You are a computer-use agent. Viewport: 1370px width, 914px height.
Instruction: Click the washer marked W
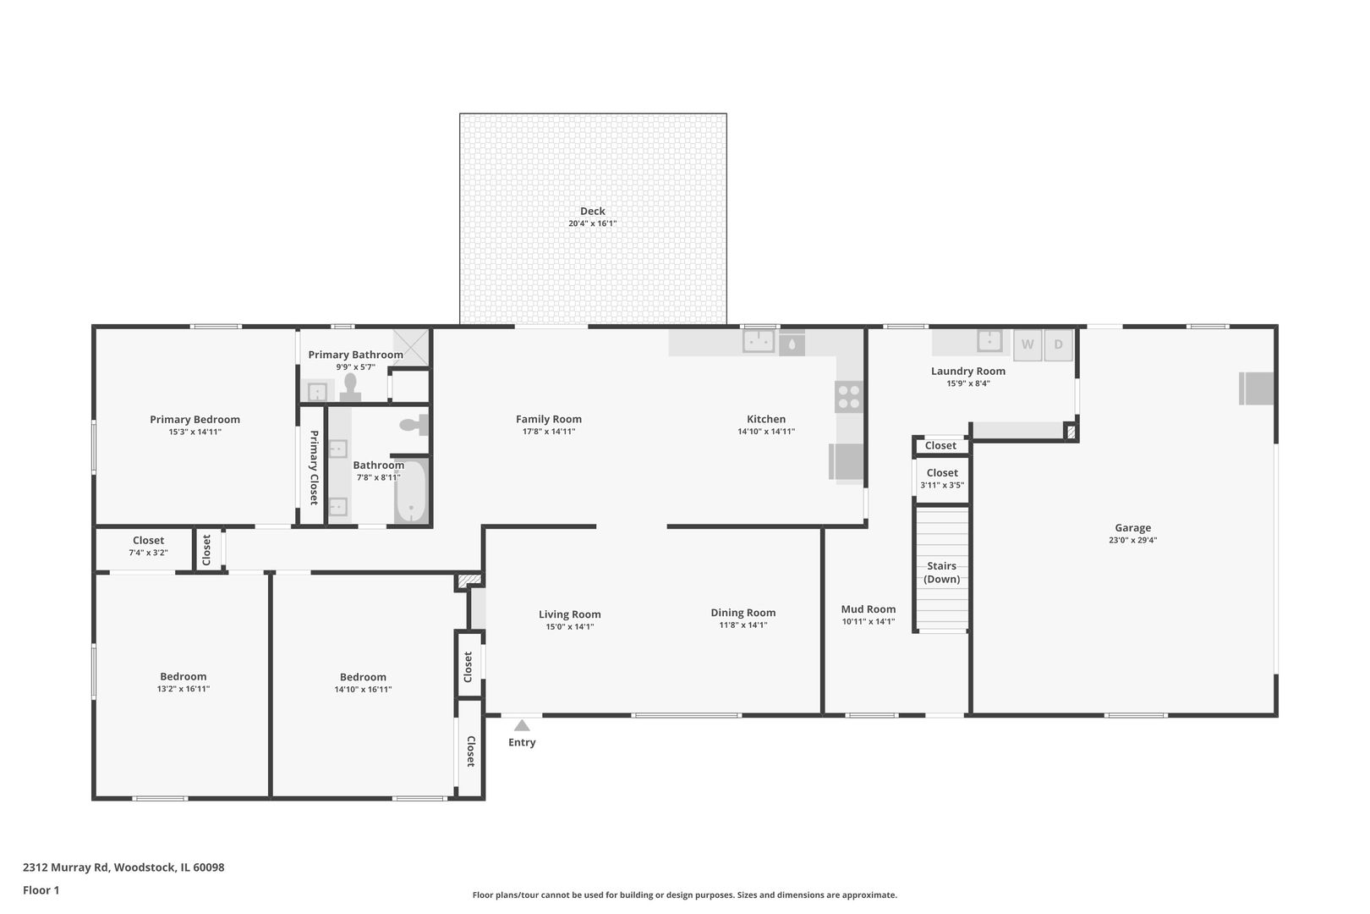[x=1027, y=344]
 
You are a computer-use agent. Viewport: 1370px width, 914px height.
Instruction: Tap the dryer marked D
[x=1058, y=344]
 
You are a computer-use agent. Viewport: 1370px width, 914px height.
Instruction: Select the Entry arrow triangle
[x=522, y=725]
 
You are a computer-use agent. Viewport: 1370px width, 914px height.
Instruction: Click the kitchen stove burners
[x=849, y=397]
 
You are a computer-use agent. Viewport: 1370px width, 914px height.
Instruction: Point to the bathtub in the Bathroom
[x=411, y=492]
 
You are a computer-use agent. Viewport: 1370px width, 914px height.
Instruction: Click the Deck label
[x=593, y=211]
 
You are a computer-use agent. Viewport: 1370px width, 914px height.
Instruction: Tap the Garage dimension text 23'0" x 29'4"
[x=1132, y=540]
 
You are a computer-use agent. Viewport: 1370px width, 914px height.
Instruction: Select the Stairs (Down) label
[x=942, y=572]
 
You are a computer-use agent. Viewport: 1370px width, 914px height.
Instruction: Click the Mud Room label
[x=869, y=608]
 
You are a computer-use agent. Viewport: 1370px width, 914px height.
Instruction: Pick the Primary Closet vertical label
[x=314, y=467]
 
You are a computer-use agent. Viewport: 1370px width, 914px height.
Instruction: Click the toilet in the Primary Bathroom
[x=350, y=388]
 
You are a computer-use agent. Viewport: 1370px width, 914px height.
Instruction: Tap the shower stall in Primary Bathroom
[x=410, y=347]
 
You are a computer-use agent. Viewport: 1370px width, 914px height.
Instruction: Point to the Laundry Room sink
[x=989, y=341]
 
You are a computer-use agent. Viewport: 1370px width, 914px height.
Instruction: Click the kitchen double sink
[x=759, y=341]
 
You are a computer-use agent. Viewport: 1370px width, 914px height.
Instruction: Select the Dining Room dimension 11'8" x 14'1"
[x=743, y=625]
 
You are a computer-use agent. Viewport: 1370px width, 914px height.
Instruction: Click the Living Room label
[x=570, y=614]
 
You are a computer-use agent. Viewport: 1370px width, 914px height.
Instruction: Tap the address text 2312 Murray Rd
[x=66, y=867]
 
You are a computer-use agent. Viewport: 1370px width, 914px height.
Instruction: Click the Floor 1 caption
[x=41, y=890]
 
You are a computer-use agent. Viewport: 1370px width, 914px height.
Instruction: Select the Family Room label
[x=549, y=419]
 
